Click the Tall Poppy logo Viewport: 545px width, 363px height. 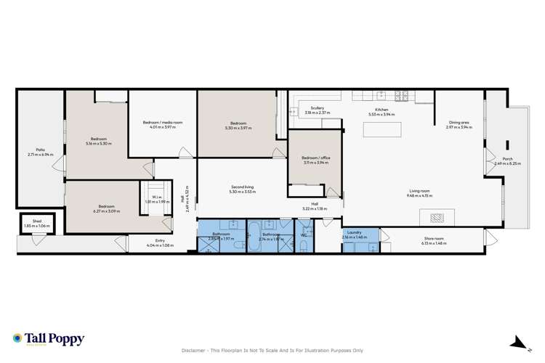click(49, 339)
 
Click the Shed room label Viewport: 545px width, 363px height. click(31, 223)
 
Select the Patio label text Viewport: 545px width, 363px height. click(31, 150)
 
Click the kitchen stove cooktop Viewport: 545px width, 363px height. click(403, 95)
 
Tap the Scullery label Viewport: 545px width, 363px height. click(317, 108)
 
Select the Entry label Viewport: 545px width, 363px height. click(161, 240)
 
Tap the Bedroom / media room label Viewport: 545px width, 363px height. click(161, 123)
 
